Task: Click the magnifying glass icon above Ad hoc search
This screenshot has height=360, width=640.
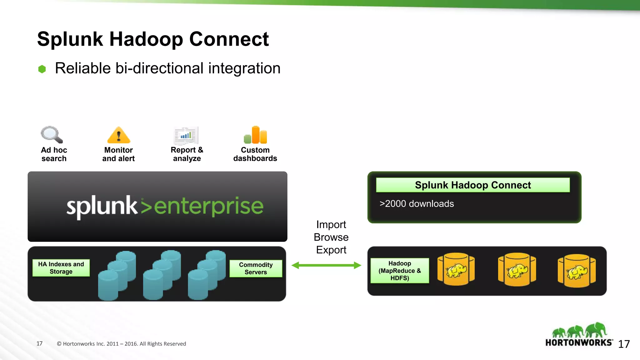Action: [52, 135]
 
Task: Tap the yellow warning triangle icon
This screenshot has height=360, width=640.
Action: [118, 136]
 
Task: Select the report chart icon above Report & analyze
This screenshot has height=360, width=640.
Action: [186, 136]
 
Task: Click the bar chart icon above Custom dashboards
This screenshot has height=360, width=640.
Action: [256, 135]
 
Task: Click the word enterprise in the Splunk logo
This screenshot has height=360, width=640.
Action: [209, 206]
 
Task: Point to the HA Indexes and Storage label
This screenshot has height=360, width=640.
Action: [61, 268]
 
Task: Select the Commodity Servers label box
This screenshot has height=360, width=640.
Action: [256, 268]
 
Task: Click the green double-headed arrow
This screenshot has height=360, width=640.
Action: [326, 265]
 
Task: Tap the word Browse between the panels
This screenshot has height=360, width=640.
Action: [331, 237]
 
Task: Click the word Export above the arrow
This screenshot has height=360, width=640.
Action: [331, 250]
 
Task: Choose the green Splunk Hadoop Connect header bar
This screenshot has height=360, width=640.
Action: [472, 185]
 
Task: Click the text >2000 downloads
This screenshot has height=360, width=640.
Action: [416, 204]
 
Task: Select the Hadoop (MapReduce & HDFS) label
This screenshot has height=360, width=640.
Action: [399, 271]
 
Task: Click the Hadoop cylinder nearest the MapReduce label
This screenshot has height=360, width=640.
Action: [456, 269]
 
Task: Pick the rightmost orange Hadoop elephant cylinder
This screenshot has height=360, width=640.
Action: [577, 271]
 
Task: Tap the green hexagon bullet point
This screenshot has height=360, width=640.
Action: [42, 69]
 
